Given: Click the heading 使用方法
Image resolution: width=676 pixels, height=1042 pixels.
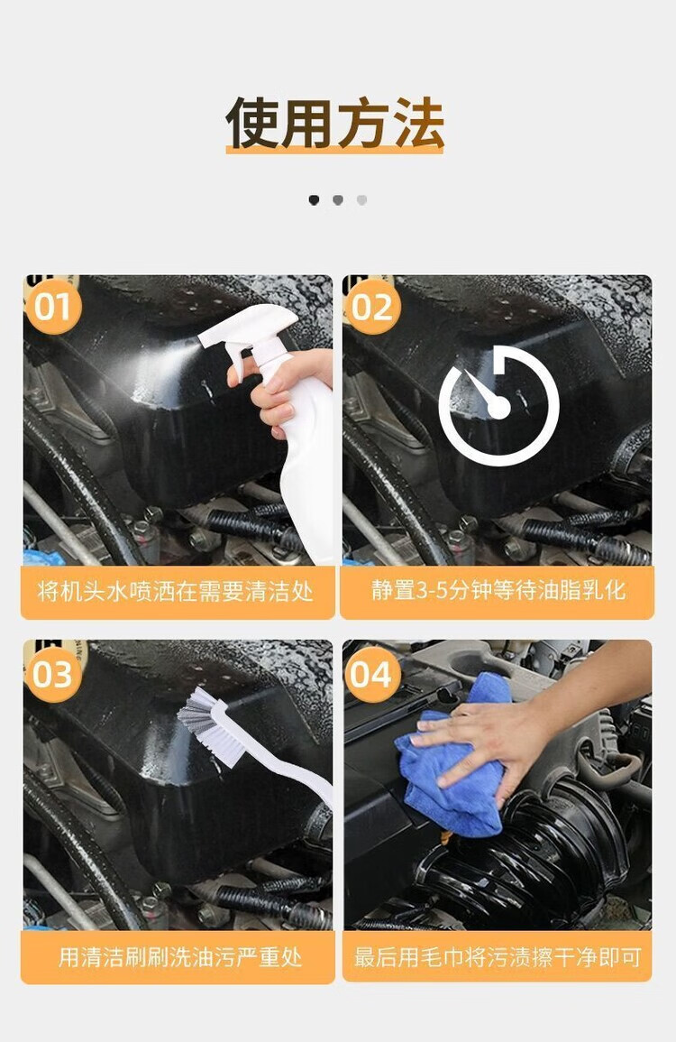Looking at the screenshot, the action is coord(334,123).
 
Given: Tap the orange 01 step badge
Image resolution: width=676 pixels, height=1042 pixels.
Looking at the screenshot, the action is coord(52,307).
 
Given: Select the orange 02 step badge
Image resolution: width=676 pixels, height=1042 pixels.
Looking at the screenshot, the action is coord(372,307).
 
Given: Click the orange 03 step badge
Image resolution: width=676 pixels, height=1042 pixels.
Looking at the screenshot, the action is coord(52,675).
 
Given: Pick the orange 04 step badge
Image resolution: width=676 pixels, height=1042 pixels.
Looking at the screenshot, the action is coord(372,675).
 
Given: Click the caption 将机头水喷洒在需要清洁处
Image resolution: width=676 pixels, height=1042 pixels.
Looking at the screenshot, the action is coord(175,591).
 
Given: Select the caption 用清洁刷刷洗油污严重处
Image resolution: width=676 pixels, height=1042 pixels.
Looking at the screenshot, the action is coord(180,957).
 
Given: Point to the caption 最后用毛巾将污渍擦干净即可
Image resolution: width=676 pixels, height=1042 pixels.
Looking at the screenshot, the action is coord(498,957).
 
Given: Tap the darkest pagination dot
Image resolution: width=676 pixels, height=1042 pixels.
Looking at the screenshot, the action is coord(314,200).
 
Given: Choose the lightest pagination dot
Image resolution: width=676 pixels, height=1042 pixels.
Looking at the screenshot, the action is coord(362,200).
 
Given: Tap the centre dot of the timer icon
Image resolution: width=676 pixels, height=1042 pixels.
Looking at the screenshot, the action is coord(498,407).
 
